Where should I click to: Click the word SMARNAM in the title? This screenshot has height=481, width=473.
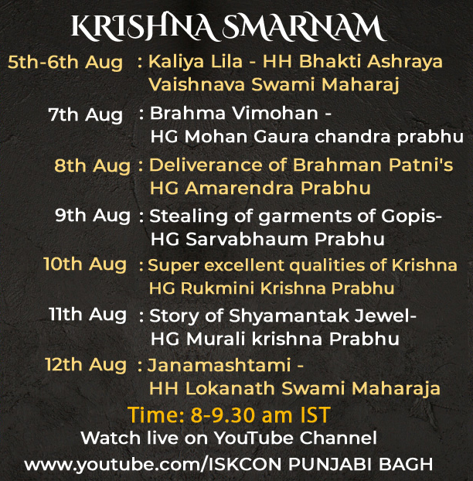(304, 27)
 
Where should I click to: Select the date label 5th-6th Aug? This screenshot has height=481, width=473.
(65, 63)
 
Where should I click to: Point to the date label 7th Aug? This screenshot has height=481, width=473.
(85, 115)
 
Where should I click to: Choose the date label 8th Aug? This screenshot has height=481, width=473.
(92, 166)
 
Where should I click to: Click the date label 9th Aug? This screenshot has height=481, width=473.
(93, 216)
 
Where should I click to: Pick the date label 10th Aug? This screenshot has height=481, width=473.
(84, 264)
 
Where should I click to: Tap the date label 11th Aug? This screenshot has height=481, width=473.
(87, 315)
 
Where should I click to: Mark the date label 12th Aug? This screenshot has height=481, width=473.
(86, 365)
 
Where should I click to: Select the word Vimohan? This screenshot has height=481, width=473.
(275, 113)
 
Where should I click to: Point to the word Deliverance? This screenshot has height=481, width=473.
(206, 165)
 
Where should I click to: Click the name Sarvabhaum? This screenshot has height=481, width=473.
(247, 239)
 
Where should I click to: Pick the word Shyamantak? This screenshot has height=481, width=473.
(289, 316)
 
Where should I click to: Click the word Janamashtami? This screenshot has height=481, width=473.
(219, 365)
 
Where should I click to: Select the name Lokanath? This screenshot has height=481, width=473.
(230, 388)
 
